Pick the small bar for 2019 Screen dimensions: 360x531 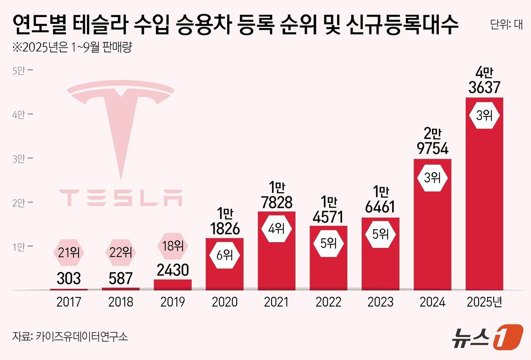[x=173, y=285]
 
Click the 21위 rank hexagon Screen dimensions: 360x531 [x=69, y=252]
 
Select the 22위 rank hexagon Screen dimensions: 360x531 [x=121, y=252]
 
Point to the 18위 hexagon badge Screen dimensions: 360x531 [x=173, y=246]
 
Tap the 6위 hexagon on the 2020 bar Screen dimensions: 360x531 [x=225, y=255]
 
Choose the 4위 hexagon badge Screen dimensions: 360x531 [x=276, y=229]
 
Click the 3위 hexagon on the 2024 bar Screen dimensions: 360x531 [x=432, y=177]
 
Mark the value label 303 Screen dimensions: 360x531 [x=69, y=279]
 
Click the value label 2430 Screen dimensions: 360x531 [x=173, y=270]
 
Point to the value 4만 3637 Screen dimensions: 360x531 [x=484, y=80]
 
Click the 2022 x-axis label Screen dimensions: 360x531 [x=328, y=302]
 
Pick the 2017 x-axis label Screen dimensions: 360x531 [x=69, y=302]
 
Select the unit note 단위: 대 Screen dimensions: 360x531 [x=506, y=25]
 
